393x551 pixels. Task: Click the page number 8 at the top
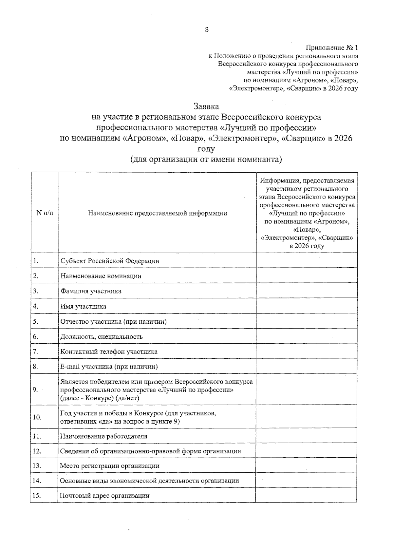(x=207, y=30)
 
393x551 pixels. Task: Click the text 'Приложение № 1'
(x=332, y=48)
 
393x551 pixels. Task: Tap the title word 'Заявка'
(x=206, y=107)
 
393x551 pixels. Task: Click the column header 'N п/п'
(x=45, y=213)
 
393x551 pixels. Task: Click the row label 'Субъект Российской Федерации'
(x=110, y=261)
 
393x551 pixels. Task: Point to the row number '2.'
(x=36, y=276)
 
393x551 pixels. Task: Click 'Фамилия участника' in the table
(x=91, y=291)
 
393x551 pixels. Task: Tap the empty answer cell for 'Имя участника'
(x=307, y=306)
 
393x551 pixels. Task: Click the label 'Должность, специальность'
(x=102, y=337)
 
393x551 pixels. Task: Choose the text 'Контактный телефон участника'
(x=109, y=352)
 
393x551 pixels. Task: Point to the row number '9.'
(x=35, y=390)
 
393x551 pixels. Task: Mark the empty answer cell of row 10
(x=307, y=417)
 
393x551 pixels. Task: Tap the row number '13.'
(x=37, y=466)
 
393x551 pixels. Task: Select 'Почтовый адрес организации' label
(x=104, y=496)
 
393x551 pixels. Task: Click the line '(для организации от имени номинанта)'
(x=206, y=160)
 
